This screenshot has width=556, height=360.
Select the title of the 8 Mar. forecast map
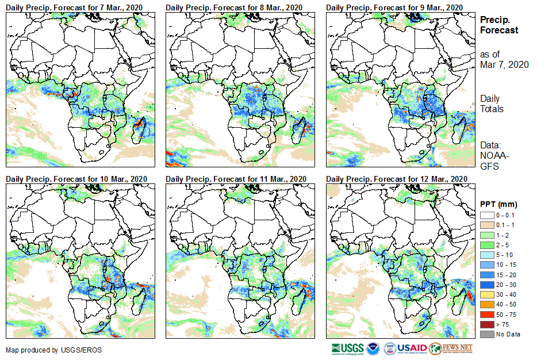[x=234, y=7]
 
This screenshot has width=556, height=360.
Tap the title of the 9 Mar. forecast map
[x=394, y=7]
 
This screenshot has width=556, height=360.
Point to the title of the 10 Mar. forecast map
[x=76, y=179]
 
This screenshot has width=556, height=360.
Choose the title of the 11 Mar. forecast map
[x=236, y=179]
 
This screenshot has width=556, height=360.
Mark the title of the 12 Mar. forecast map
[x=396, y=179]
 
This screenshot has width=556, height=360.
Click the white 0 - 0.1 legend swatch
[x=486, y=215]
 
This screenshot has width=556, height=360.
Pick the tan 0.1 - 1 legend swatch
[x=486, y=225]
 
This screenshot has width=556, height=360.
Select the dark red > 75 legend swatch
[x=486, y=324]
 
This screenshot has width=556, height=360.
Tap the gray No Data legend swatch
[x=486, y=334]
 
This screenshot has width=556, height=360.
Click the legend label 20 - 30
[x=506, y=285]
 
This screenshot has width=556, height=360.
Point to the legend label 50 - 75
[x=506, y=315]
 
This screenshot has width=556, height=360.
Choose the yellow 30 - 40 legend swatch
[x=486, y=294]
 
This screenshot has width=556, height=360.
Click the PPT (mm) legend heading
[x=499, y=205]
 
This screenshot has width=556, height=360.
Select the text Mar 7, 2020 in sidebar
[x=504, y=64]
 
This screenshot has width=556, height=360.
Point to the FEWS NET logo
[x=451, y=348]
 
